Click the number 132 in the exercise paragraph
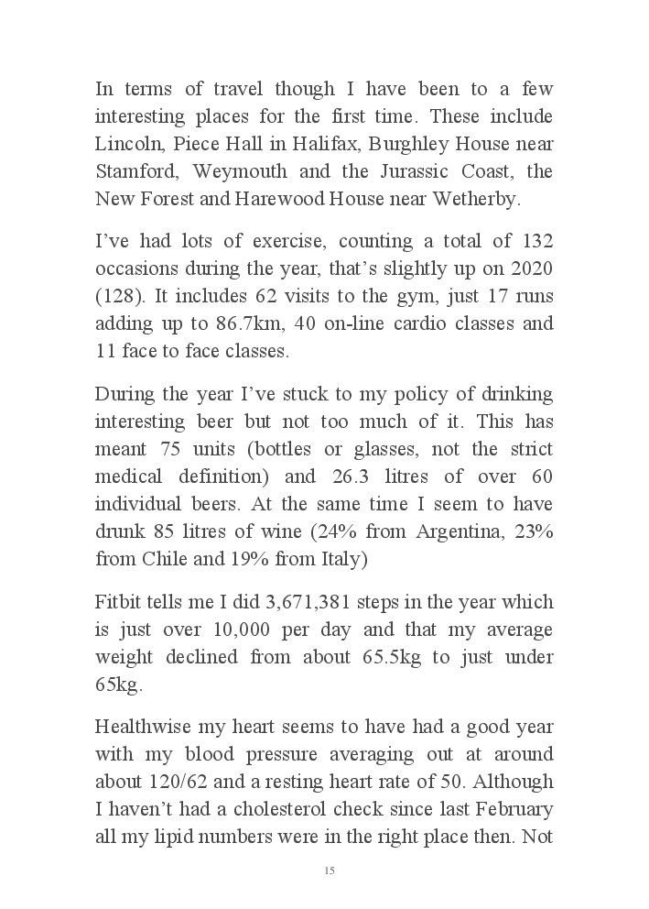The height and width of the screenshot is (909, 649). (x=536, y=242)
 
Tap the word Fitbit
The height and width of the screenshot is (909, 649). (x=117, y=602)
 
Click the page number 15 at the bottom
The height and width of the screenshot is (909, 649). (x=329, y=870)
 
